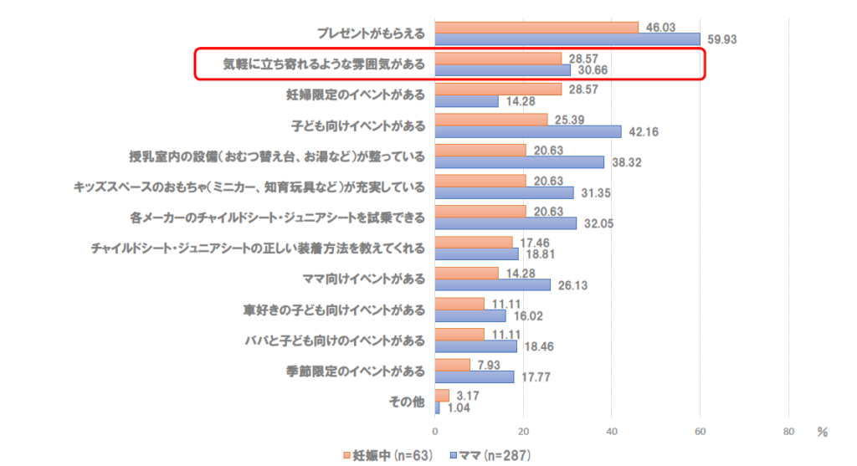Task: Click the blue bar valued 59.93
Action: point(567,39)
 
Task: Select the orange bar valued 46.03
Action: point(536,28)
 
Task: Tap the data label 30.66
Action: point(592,70)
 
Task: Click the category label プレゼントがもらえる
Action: point(371,33)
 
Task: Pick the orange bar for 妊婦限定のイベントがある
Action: point(498,89)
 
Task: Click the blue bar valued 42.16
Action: point(528,131)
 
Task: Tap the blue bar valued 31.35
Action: point(504,192)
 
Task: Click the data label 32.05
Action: point(598,223)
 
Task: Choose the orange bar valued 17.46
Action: point(474,242)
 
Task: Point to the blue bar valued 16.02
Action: point(470,315)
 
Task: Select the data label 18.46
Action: point(537,346)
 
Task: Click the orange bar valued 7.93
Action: point(452,365)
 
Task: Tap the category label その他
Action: point(408,401)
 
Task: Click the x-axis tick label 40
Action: point(611,432)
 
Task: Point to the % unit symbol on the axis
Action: point(822,433)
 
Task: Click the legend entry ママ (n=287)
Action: point(490,456)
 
